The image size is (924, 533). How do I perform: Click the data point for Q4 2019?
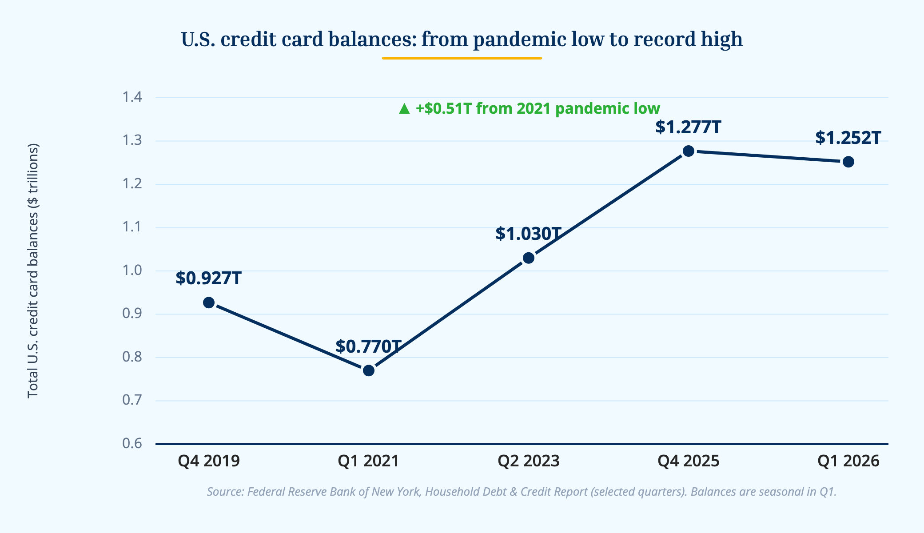(x=209, y=303)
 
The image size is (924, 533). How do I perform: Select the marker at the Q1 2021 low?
(x=369, y=370)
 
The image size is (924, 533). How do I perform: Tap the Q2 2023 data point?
(x=529, y=258)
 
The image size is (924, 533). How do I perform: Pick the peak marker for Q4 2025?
(x=689, y=151)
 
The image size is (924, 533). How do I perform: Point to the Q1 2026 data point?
(x=848, y=162)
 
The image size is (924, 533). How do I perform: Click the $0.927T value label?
(x=209, y=278)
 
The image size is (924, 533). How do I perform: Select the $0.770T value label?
(x=369, y=346)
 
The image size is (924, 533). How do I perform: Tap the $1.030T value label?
(x=529, y=234)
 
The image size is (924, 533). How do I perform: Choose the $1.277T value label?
(x=688, y=127)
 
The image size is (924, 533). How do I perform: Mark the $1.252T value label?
(x=848, y=138)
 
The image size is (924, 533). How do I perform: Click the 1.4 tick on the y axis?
(x=132, y=97)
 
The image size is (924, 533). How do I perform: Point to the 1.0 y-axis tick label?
(x=132, y=270)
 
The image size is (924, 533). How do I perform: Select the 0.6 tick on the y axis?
(x=132, y=443)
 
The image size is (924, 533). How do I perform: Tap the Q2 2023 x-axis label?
(x=529, y=461)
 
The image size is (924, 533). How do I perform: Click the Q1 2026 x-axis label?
(x=848, y=461)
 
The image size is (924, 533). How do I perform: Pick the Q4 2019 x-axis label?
(x=209, y=461)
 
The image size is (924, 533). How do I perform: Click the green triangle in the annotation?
(x=404, y=109)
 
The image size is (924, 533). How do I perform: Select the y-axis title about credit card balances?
(x=33, y=270)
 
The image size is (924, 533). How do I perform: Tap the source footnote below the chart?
(x=522, y=492)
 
